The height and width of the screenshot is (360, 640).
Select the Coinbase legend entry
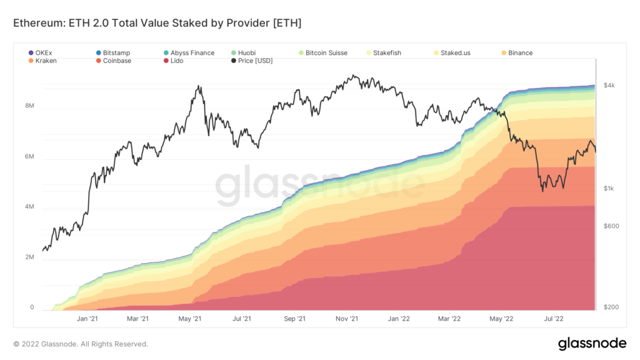(117, 61)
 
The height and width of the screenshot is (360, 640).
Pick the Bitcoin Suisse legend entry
(326, 53)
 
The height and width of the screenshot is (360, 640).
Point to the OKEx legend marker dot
(32, 53)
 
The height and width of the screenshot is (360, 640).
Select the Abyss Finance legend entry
(192, 53)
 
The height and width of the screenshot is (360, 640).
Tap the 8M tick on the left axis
(29, 106)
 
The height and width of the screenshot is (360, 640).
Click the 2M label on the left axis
(29, 257)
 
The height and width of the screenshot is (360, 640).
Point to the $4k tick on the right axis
(610, 86)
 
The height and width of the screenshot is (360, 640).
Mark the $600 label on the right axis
(611, 226)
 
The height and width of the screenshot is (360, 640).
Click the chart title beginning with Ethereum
(157, 23)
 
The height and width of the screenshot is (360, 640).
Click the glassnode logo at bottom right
(591, 343)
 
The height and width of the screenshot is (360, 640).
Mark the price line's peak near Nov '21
(353, 76)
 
